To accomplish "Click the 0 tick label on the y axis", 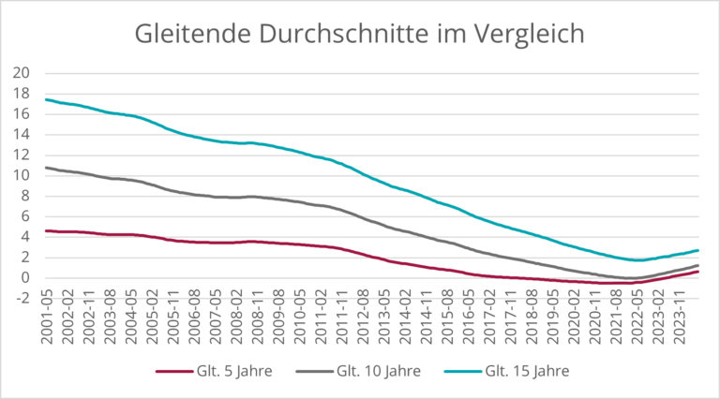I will (28, 278).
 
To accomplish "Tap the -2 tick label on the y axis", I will (24, 298).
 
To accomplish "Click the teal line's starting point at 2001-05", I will (45, 99).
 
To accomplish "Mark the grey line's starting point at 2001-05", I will (45, 168).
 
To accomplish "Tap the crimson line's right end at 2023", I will (698, 272).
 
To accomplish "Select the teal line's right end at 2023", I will (698, 250).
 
